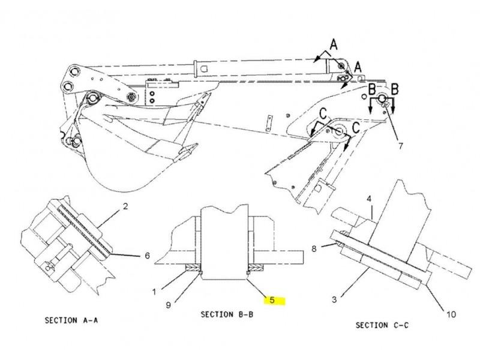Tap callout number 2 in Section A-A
click(x=125, y=206)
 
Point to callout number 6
click(x=147, y=256)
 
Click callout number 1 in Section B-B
click(x=154, y=292)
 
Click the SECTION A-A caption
click(x=71, y=320)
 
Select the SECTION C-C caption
click(x=382, y=325)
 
